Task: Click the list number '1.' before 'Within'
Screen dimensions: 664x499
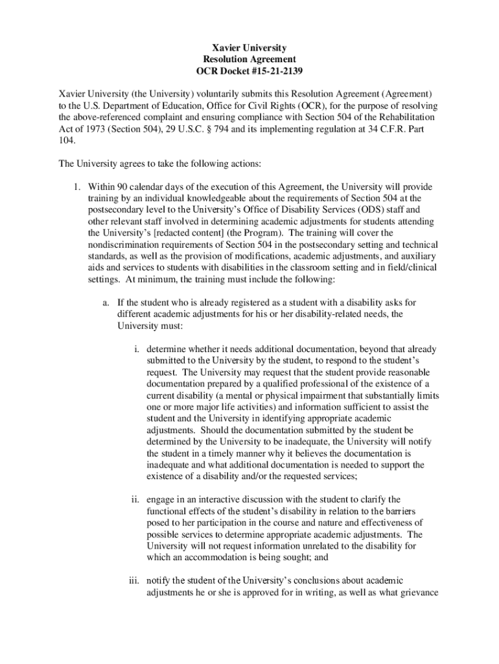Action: [76, 187]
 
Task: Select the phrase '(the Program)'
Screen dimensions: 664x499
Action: [259, 233]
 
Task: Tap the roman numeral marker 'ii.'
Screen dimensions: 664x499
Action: [135, 499]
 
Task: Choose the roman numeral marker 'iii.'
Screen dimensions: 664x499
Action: [133, 580]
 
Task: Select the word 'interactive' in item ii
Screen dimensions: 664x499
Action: [209, 499]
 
